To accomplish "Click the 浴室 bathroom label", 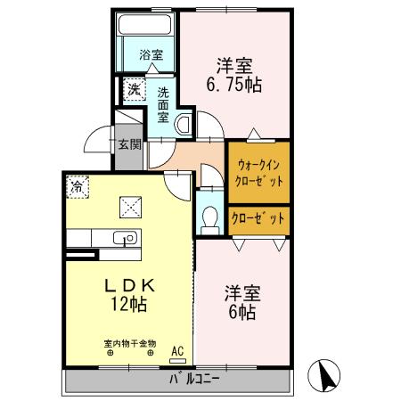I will [x=150, y=55].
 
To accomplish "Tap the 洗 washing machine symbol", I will [x=133, y=89].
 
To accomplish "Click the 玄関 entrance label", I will [x=128, y=144].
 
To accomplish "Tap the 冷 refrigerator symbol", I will [x=78, y=188].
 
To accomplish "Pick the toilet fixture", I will [x=210, y=217].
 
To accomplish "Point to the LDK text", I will [x=130, y=285].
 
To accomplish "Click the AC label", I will [x=177, y=351].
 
